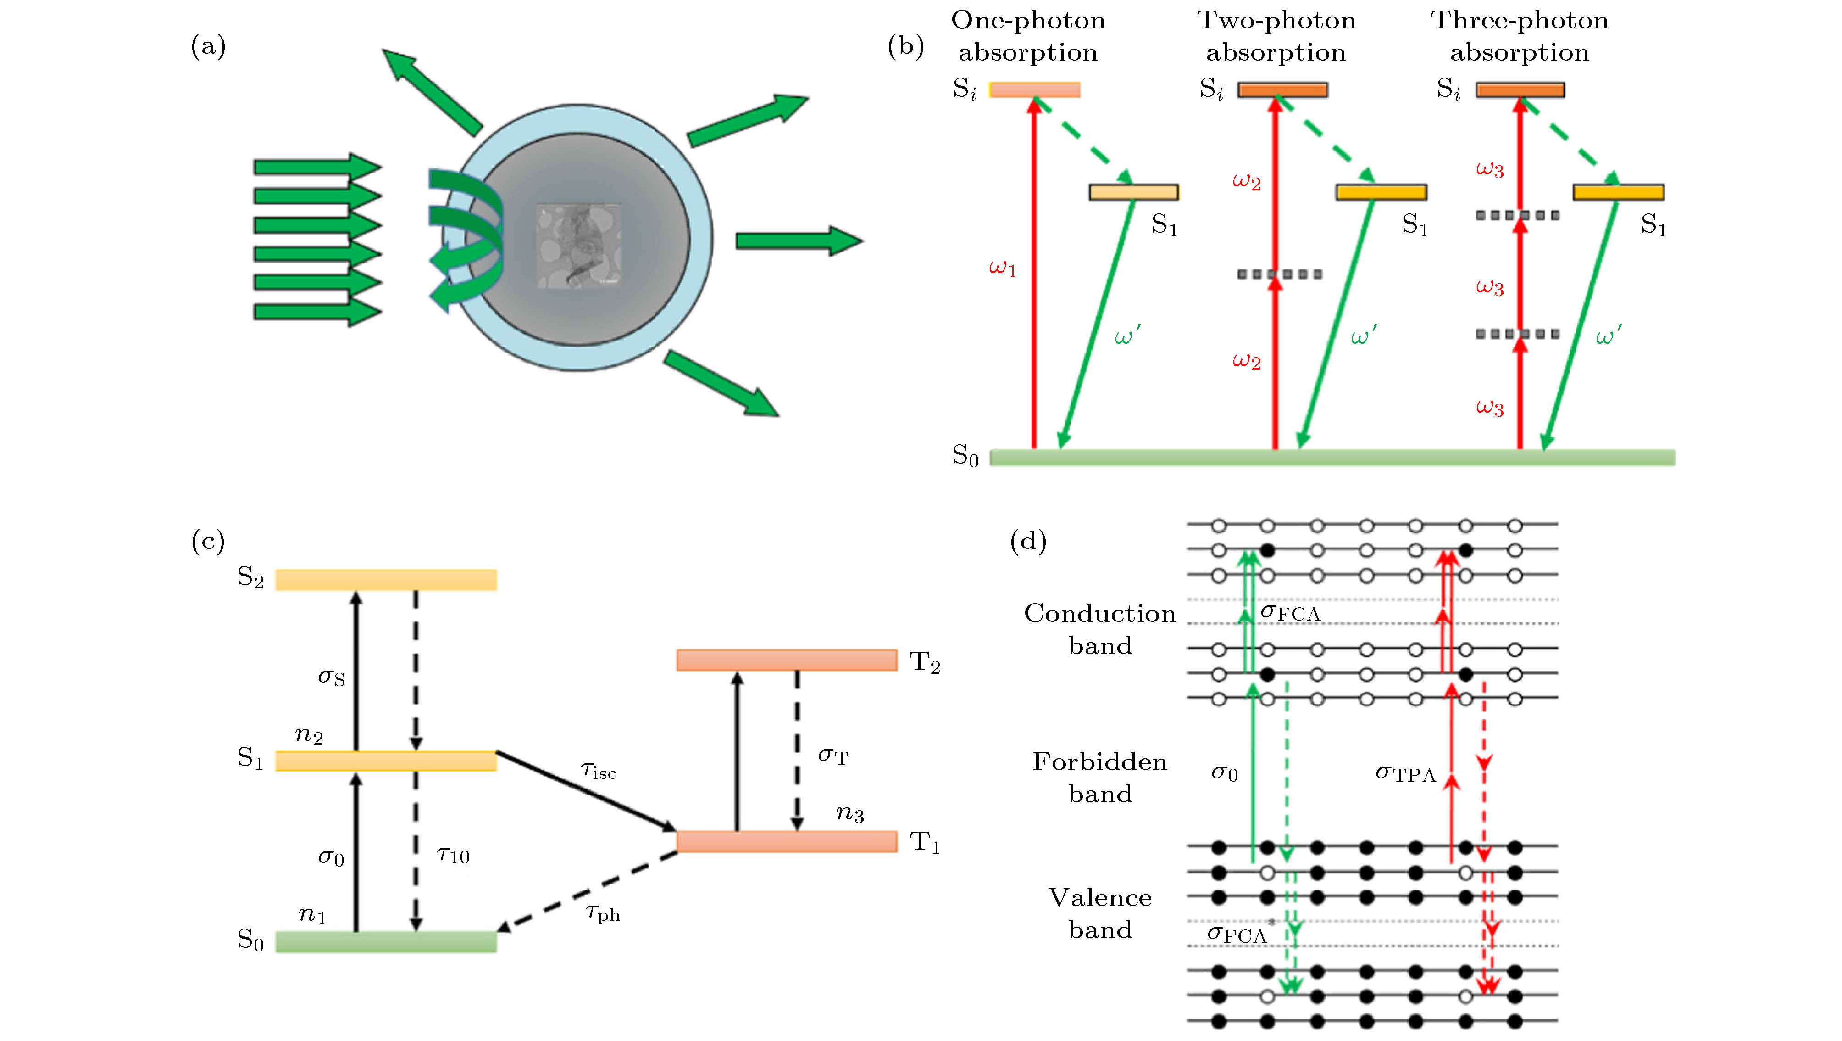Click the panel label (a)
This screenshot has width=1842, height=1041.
click(208, 47)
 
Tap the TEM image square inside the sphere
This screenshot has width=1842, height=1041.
click(578, 246)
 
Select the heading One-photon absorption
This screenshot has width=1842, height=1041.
click(1027, 36)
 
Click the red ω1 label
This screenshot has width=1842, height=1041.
click(1002, 269)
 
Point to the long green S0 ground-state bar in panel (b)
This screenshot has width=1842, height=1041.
click(1332, 457)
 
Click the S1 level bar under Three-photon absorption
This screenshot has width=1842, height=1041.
click(1618, 192)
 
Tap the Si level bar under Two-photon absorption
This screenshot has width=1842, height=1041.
click(1283, 90)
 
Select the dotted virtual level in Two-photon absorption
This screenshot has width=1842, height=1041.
click(1280, 274)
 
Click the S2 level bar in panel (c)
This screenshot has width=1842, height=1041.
click(386, 580)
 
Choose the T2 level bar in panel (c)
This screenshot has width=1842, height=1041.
click(787, 660)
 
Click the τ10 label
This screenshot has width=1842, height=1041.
click(453, 855)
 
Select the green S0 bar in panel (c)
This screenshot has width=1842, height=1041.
click(386, 941)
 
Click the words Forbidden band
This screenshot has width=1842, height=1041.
click(1100, 778)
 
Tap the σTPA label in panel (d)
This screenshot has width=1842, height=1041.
click(1405, 773)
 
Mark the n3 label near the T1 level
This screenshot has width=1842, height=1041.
click(849, 813)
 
